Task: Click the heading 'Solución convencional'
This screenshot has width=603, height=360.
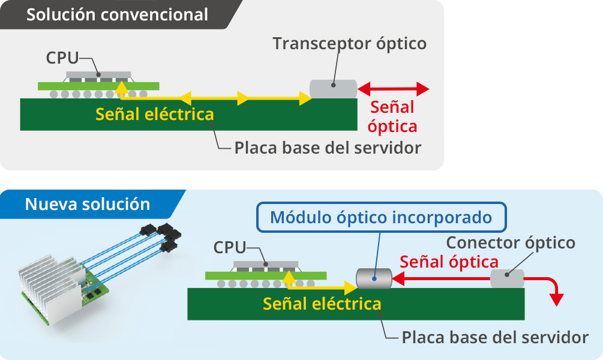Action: click(x=117, y=14)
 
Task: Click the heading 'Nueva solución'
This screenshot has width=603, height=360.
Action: click(x=88, y=204)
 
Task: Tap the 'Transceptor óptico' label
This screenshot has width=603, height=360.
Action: click(x=349, y=44)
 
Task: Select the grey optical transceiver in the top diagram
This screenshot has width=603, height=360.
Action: click(x=333, y=89)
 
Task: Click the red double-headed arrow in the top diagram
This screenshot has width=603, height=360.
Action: click(x=394, y=89)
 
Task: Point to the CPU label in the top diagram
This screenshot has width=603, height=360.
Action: click(x=62, y=58)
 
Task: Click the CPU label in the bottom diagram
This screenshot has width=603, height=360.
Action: click(x=230, y=247)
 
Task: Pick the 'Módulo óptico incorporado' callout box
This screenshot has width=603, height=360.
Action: click(x=381, y=217)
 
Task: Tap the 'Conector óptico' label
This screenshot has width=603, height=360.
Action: click(x=511, y=243)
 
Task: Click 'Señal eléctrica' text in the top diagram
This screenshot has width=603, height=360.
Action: click(x=154, y=114)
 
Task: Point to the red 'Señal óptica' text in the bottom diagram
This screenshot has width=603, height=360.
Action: click(x=449, y=262)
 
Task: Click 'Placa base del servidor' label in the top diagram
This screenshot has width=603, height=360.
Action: click(x=328, y=148)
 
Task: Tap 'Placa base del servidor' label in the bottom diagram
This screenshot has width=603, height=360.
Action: click(x=495, y=337)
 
